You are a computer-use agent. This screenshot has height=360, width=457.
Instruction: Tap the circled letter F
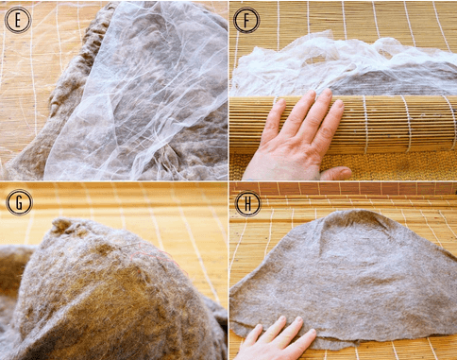pos(246,20)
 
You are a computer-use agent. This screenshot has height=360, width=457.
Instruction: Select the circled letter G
pos(18,201)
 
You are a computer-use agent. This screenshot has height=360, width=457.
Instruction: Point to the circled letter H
pos(246,202)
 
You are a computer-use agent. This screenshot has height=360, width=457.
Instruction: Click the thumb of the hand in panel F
pos(332,173)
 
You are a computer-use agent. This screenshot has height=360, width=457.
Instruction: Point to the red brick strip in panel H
pos(349,188)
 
